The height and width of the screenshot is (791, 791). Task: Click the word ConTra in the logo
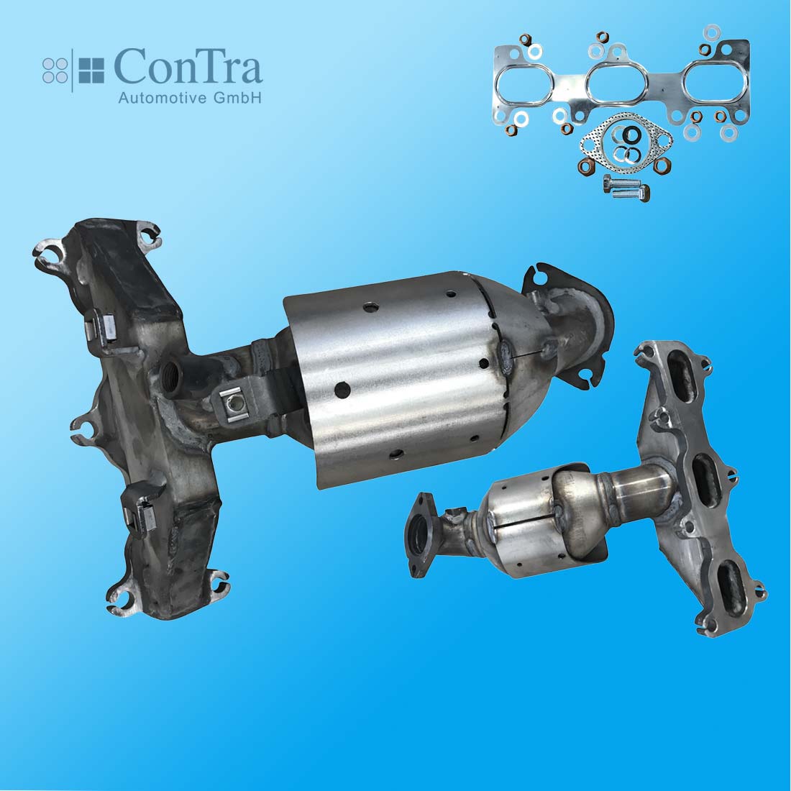pos(188,66)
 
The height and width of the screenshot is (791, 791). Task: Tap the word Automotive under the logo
pos(163,97)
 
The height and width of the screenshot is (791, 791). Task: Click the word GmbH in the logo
pos(237,97)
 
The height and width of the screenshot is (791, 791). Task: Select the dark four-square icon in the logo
pos(91,70)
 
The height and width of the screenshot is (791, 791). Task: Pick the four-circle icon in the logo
pos(55,70)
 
